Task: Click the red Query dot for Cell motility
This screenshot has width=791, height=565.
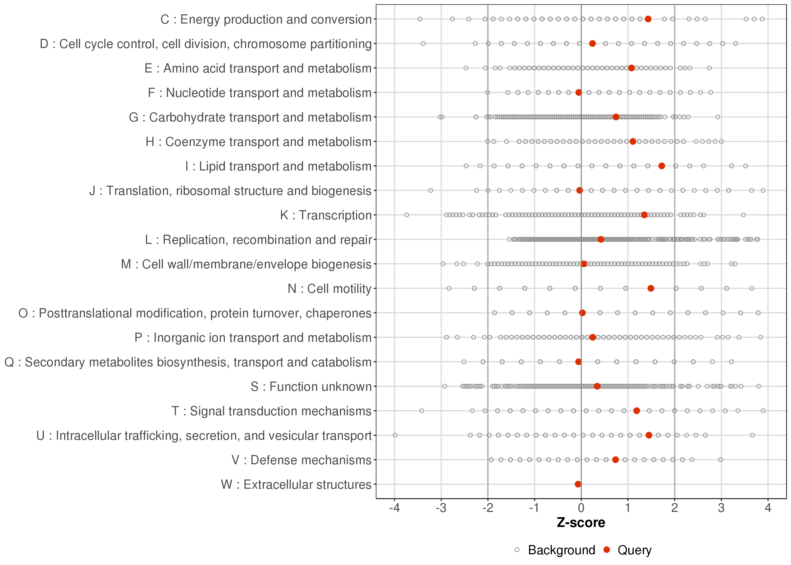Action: tap(651, 288)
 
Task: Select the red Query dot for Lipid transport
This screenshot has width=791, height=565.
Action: tap(662, 166)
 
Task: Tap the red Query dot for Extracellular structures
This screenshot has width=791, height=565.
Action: tap(578, 484)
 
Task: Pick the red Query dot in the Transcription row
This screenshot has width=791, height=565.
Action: tap(644, 215)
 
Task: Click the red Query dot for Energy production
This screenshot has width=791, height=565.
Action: tap(648, 19)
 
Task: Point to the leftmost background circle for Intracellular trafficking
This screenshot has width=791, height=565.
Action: tap(395, 435)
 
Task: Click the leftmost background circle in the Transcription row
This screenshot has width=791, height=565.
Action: tap(407, 215)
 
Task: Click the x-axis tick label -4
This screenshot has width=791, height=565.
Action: tap(394, 508)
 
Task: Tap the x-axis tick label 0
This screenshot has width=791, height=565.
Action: tap(581, 508)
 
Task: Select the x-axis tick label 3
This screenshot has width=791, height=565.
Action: tap(721, 508)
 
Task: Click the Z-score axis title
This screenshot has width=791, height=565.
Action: tap(581, 523)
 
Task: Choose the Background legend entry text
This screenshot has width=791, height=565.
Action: tap(561, 550)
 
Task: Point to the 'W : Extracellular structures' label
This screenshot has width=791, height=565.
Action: tap(296, 485)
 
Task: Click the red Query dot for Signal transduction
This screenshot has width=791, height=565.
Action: tap(637, 411)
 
